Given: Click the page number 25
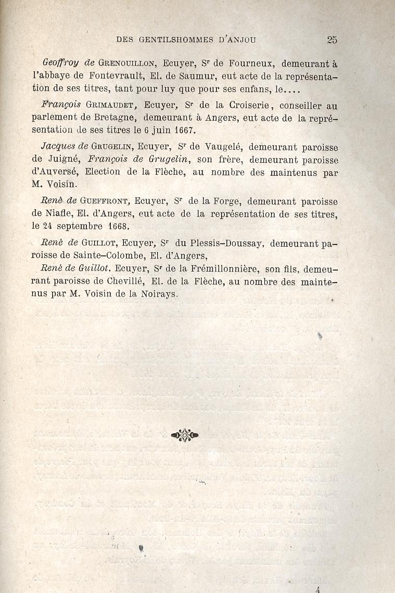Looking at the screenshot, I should [x=333, y=39].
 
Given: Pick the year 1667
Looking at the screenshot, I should [x=184, y=130].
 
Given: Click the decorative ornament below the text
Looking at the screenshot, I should [x=184, y=435].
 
